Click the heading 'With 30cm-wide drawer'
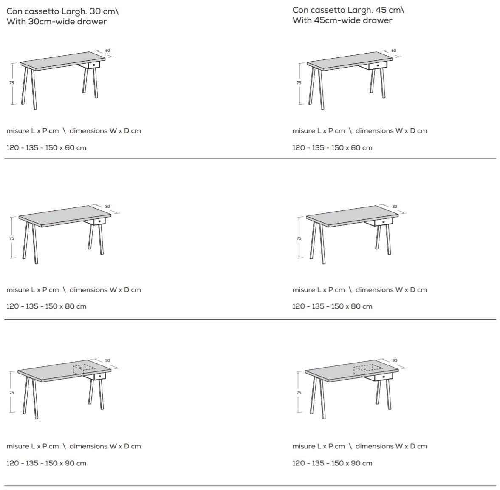tap(56, 22)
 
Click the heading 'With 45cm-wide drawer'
tap(342, 20)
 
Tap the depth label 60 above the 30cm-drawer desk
tap(107, 51)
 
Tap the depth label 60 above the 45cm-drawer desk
tap(394, 51)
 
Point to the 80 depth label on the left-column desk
tap(107, 207)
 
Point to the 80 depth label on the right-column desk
tap(395, 207)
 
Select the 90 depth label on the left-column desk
tap(107, 360)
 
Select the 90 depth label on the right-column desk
tap(395, 360)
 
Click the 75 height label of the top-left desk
tap(12, 82)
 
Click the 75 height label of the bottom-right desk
tap(299, 392)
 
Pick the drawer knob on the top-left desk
tap(94, 65)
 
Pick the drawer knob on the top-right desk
tap(378, 65)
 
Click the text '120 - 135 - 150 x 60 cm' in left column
tap(46, 148)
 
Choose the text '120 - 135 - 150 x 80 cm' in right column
tap(332, 306)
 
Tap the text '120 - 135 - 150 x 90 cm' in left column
tap(46, 463)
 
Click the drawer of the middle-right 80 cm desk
tap(383, 222)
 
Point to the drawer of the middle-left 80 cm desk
tap(99, 221)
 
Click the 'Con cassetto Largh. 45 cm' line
tap(348, 10)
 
